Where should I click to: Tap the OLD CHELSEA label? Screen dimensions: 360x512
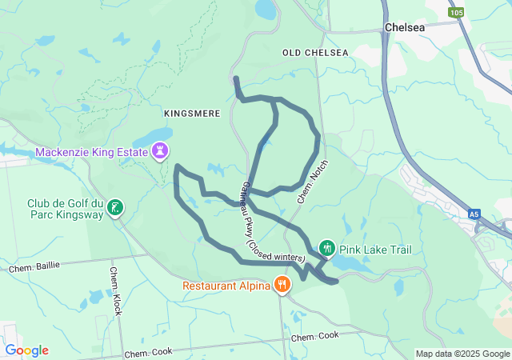click(x=315, y=52)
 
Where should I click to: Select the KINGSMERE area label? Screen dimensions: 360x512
click(x=192, y=114)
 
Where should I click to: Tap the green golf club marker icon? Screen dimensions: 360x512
click(x=115, y=208)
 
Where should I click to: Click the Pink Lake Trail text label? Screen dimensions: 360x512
click(x=375, y=250)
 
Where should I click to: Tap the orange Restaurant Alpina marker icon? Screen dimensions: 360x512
click(x=282, y=285)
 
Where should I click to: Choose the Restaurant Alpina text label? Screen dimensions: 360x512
click(x=226, y=285)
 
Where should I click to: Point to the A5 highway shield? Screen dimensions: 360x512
click(x=475, y=214)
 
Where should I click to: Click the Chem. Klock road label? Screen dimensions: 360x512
click(x=116, y=290)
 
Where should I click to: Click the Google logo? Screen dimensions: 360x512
click(x=26, y=350)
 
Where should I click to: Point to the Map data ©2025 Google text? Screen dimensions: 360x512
click(x=462, y=354)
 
